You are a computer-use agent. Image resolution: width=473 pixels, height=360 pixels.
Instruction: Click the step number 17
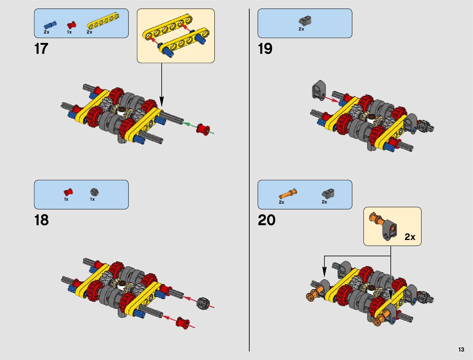click(x=41, y=49)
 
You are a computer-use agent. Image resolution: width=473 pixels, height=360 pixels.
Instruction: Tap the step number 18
click(x=41, y=220)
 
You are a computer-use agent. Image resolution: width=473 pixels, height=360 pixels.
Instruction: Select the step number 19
click(x=265, y=49)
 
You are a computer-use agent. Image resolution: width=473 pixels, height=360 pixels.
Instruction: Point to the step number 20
click(x=267, y=220)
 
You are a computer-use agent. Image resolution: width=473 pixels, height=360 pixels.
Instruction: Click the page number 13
click(x=461, y=350)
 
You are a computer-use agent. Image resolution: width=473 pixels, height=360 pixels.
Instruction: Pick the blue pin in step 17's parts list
click(x=50, y=25)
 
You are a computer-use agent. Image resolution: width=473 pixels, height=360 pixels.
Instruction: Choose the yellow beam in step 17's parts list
click(x=103, y=21)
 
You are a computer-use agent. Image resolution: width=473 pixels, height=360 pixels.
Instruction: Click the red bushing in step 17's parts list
click(x=71, y=25)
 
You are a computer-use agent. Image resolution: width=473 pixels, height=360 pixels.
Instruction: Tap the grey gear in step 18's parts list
click(x=95, y=192)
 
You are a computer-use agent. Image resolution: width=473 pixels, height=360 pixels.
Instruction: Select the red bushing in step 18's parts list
click(x=68, y=192)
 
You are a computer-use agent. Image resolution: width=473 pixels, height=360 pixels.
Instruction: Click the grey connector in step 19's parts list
click(x=305, y=21)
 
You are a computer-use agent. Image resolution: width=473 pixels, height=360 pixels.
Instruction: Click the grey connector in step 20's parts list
click(x=328, y=193)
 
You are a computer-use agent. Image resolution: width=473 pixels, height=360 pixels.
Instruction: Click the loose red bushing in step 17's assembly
click(x=203, y=129)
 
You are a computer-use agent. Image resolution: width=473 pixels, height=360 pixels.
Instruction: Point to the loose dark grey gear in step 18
click(x=202, y=303)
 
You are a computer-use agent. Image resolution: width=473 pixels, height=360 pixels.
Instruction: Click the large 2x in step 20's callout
click(x=410, y=237)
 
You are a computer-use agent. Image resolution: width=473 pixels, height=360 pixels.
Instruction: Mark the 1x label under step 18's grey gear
click(x=92, y=199)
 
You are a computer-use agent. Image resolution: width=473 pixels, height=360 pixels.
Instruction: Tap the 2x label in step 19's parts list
click(x=301, y=29)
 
